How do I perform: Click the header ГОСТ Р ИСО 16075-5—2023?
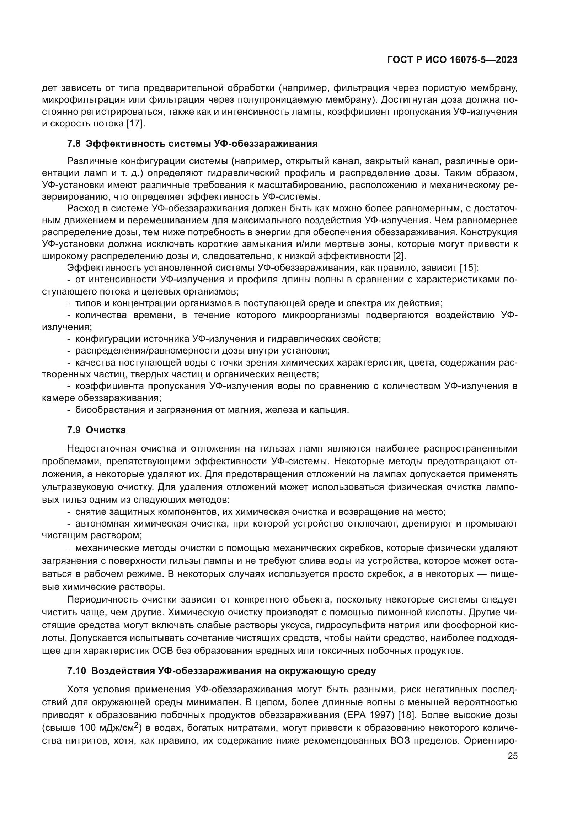[452, 60]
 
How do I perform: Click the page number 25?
[513, 756]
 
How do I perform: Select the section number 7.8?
[74, 144]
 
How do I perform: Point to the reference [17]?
[135, 123]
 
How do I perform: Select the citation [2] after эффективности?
[399, 256]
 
